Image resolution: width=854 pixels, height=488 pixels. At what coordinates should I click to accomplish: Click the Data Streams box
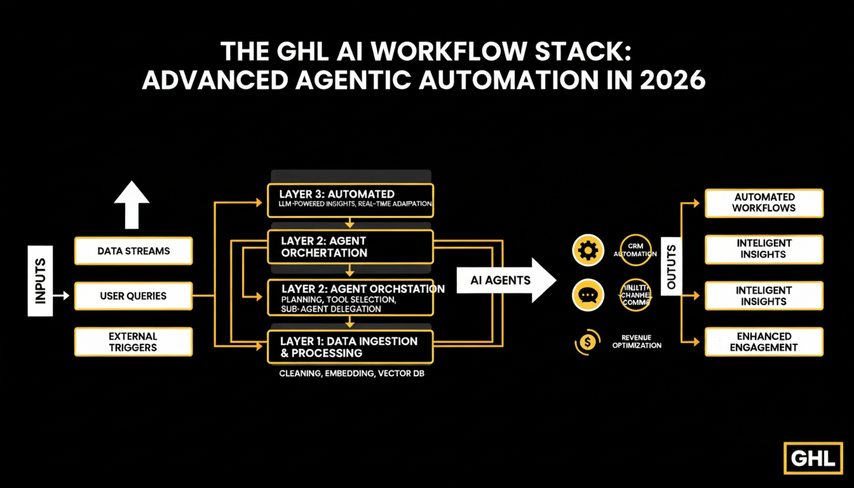click(x=133, y=251)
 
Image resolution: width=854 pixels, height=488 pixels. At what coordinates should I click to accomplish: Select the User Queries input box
click(x=133, y=296)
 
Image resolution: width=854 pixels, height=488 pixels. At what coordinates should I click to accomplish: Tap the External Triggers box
click(x=133, y=341)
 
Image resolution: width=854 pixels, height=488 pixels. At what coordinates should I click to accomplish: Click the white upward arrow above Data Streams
click(x=132, y=204)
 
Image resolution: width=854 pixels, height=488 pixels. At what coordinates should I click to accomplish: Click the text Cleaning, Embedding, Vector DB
click(x=351, y=374)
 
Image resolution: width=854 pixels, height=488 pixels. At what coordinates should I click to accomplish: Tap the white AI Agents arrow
click(x=505, y=280)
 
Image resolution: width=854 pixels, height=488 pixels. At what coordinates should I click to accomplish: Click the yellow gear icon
click(x=588, y=250)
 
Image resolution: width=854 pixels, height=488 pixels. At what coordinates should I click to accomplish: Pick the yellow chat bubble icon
click(x=588, y=295)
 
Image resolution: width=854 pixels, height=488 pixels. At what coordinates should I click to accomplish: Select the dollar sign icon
click(x=588, y=342)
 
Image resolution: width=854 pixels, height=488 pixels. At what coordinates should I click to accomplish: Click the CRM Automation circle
click(x=635, y=250)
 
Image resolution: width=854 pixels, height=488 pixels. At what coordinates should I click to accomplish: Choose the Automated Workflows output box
click(x=764, y=203)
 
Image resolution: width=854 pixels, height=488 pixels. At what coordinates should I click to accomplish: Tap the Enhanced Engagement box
click(x=764, y=342)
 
